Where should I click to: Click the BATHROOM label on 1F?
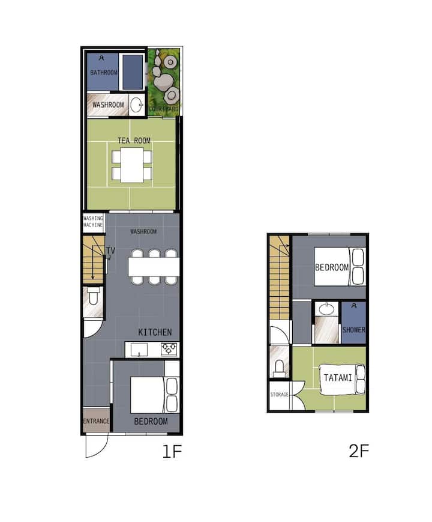[x=104, y=72]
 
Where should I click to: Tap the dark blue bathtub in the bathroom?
[x=133, y=72]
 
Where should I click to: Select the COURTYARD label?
[x=164, y=109]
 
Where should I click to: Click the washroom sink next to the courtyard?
[x=136, y=105]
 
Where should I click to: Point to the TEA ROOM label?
[x=134, y=141]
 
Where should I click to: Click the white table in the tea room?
[x=132, y=165]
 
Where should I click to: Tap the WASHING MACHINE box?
[x=94, y=222]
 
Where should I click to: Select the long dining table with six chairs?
[x=154, y=267]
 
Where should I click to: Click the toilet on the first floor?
[x=93, y=296]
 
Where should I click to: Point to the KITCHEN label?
[x=155, y=332]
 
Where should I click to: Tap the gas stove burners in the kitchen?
[x=169, y=349]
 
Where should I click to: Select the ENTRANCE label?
[x=96, y=421]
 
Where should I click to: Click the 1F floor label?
[x=172, y=452]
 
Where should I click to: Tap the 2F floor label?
[x=359, y=451]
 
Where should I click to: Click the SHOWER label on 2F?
[x=354, y=330]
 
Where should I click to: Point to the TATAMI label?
[x=338, y=378]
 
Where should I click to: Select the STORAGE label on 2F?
[x=280, y=395]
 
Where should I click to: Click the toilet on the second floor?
[x=280, y=368]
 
